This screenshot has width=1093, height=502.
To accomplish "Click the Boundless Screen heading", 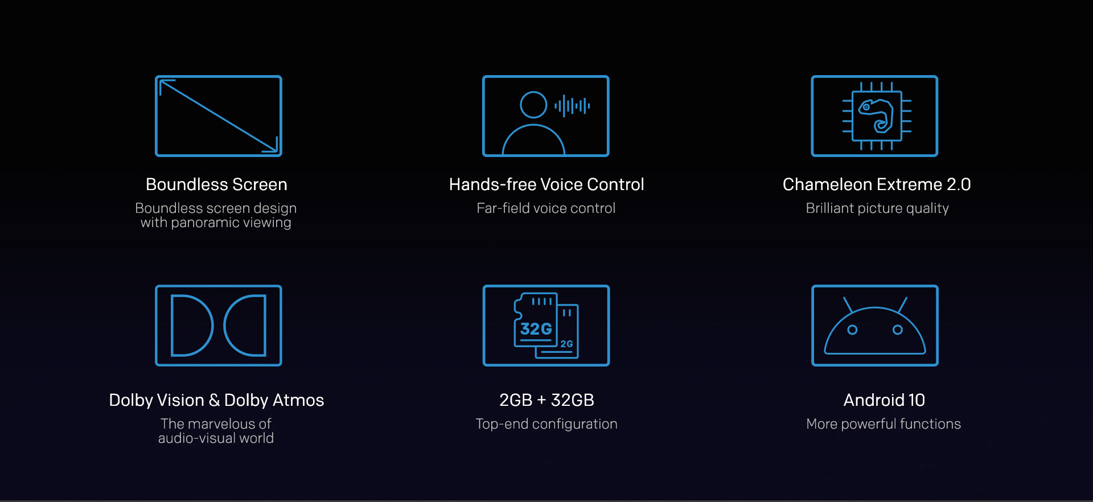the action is tap(216, 184).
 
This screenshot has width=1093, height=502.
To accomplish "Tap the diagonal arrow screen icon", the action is tap(219, 116).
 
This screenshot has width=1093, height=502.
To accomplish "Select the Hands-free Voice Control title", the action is tap(546, 184).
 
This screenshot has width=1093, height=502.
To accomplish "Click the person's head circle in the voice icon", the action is tap(533, 105).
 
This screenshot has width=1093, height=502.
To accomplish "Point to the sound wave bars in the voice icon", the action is tap(572, 106).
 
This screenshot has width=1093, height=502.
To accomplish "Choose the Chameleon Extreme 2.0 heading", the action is tap(877, 184).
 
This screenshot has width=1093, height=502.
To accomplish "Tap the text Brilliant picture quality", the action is tap(877, 208).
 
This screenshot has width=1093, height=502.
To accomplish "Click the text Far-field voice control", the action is tap(546, 208).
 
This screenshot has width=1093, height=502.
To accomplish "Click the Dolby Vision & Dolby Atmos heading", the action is tap(216, 400).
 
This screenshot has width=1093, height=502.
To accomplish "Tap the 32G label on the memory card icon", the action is tap(536, 329).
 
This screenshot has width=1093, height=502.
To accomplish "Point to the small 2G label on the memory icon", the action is tap(566, 344).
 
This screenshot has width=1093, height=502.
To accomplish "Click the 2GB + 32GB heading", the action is tap(546, 400).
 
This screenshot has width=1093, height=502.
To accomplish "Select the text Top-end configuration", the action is tap(546, 424).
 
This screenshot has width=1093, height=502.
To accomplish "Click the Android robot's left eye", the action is tap(852, 330).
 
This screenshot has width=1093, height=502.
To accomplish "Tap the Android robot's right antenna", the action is tap(902, 305).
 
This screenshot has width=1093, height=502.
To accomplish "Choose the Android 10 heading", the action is tap(884, 400).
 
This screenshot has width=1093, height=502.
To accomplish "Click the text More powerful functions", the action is tap(884, 424).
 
